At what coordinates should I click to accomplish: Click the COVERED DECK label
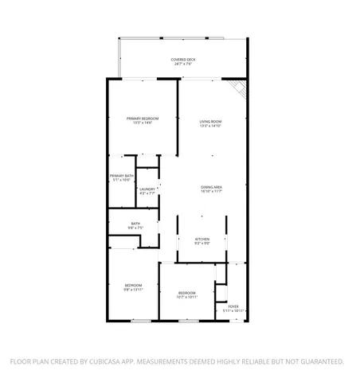click(x=182, y=60)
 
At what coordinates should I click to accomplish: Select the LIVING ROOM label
click(x=210, y=121)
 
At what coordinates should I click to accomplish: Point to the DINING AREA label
click(x=211, y=187)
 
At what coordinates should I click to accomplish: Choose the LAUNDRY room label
click(x=147, y=189)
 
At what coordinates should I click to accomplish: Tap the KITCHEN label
click(x=202, y=239)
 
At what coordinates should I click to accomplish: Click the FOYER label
click(x=233, y=306)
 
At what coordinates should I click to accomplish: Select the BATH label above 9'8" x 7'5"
click(x=135, y=224)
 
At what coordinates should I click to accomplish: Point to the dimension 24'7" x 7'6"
click(x=182, y=64)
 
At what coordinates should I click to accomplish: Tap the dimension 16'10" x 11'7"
click(x=211, y=192)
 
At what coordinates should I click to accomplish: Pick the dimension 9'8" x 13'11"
click(x=133, y=290)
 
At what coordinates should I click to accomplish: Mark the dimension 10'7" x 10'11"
click(x=186, y=297)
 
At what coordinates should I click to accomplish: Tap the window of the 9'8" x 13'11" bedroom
click(x=141, y=321)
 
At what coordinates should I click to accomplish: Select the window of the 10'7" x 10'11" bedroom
click(x=188, y=321)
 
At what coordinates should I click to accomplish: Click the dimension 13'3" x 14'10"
click(x=210, y=126)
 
